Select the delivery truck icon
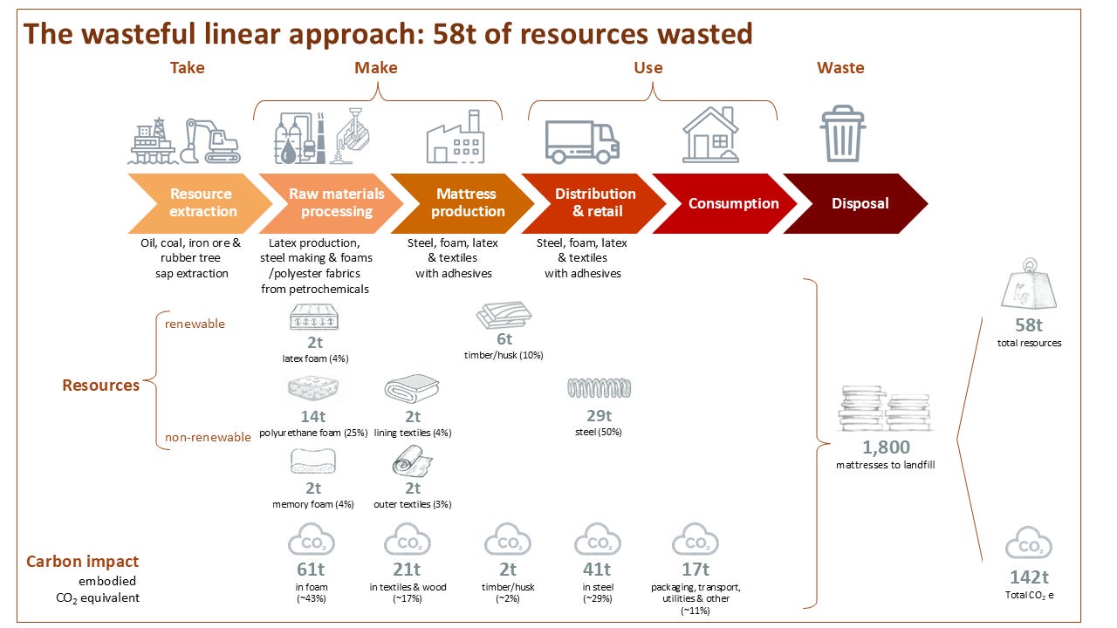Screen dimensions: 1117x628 pyautogui.click(x=581, y=141)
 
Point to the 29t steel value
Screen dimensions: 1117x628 pyautogui.click(x=599, y=416)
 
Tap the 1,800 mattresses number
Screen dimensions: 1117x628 pyautogui.click(x=886, y=447)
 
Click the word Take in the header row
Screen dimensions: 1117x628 pyautogui.click(x=187, y=68)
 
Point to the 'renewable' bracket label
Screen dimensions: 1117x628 pyautogui.click(x=195, y=324)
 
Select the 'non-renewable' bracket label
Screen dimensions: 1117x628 pyautogui.click(x=208, y=437)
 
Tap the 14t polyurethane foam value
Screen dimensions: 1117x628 pyautogui.click(x=313, y=416)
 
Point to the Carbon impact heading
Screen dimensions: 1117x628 pyautogui.click(x=83, y=562)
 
